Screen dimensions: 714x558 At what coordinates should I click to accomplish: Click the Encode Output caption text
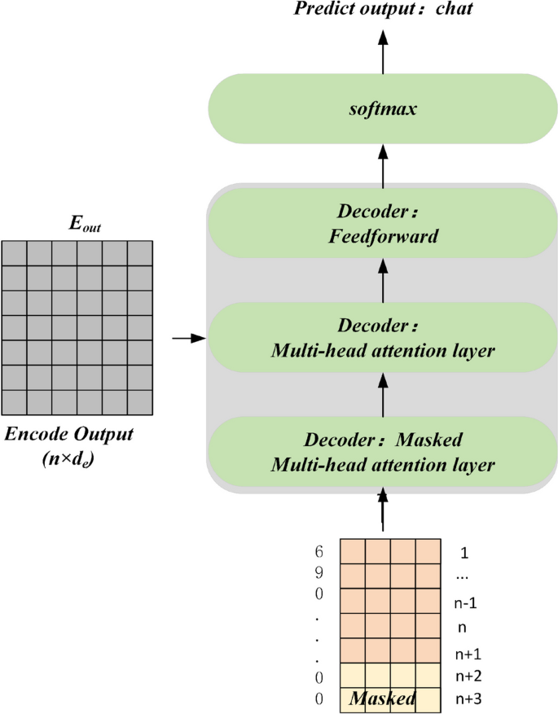point(69,435)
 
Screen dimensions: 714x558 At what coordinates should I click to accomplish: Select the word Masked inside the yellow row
point(383,699)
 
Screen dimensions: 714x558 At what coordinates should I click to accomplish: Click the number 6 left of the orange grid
point(319,551)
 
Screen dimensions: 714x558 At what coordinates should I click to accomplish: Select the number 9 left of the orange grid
point(319,572)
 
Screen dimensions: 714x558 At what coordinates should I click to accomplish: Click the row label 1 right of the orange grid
point(464,553)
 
